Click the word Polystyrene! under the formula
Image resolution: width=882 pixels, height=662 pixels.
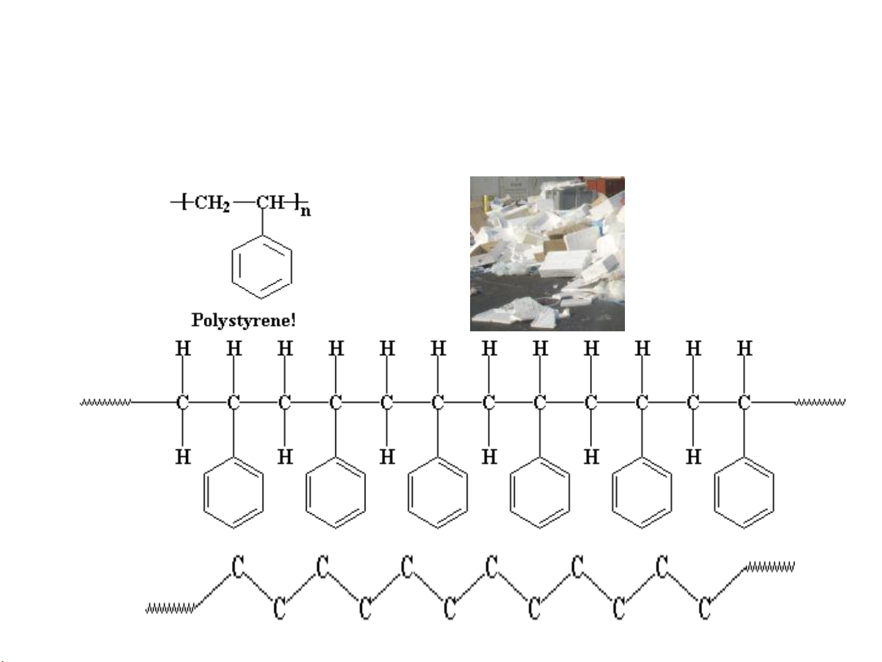click(244, 321)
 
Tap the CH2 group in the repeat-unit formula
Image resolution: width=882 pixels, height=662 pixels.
click(212, 203)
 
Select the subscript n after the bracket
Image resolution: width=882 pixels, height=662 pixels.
click(306, 211)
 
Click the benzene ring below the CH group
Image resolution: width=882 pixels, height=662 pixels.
click(261, 267)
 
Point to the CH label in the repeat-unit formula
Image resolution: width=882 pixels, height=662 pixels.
click(271, 201)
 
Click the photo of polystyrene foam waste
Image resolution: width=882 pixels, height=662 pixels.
click(547, 254)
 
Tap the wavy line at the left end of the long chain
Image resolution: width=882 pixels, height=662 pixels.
click(106, 402)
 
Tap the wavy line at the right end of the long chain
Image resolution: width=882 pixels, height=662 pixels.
click(820, 402)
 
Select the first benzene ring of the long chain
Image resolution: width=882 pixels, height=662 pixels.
click(233, 492)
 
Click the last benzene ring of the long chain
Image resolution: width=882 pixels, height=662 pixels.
click(744, 492)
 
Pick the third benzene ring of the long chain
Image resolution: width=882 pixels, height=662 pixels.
click(438, 492)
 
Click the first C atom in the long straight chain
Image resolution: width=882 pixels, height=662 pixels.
click(182, 402)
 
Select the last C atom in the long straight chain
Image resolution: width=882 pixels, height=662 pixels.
click(744, 402)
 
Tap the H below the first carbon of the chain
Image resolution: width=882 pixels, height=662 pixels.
click(183, 457)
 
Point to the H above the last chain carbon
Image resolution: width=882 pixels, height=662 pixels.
click(744, 348)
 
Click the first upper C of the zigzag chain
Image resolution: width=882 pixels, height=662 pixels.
click(238, 566)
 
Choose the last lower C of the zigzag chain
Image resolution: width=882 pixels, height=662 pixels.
click(704, 608)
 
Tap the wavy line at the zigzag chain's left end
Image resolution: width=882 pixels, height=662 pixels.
click(171, 609)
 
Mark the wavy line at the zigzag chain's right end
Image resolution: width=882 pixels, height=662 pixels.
click(769, 566)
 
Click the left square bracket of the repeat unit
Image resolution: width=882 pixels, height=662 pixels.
click(184, 201)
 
